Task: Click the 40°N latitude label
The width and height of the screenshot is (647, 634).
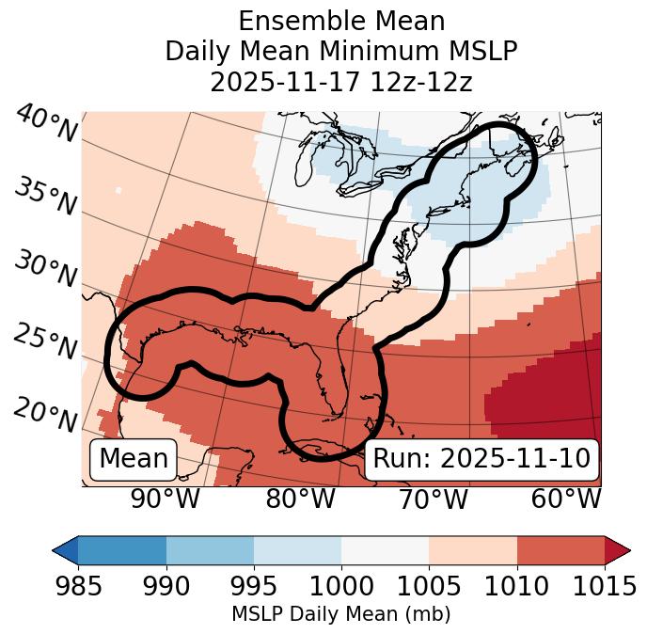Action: coord(45,125)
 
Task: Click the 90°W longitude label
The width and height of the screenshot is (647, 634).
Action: coord(165,499)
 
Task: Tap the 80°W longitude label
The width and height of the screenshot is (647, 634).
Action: coord(300,499)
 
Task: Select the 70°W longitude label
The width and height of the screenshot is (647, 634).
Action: coord(434,499)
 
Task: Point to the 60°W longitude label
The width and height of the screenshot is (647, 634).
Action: coord(566,499)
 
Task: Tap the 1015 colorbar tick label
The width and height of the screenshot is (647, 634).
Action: coord(602,587)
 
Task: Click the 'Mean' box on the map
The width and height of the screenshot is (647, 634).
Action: coord(134,459)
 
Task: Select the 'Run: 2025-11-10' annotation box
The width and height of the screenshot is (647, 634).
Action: coord(481,459)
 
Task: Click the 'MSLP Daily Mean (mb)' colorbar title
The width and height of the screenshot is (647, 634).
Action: coord(340,615)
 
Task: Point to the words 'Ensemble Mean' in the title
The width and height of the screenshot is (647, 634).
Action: coord(340,21)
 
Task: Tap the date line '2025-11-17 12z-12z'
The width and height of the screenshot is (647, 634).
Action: coord(340,82)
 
